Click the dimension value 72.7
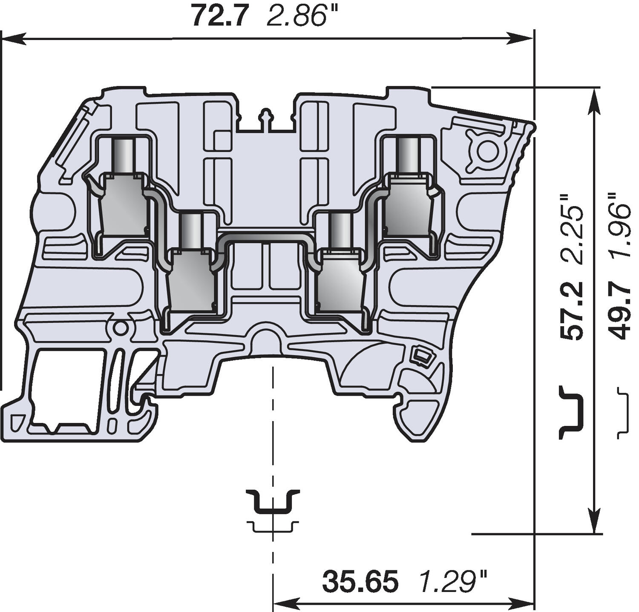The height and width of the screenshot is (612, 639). click(x=219, y=17)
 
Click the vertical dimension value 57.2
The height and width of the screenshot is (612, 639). click(x=571, y=311)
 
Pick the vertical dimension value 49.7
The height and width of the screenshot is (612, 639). click(x=620, y=311)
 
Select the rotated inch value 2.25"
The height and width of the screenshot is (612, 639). click(x=571, y=230)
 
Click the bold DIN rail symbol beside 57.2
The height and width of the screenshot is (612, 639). click(x=570, y=412)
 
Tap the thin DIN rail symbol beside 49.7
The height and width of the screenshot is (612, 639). click(x=622, y=412)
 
